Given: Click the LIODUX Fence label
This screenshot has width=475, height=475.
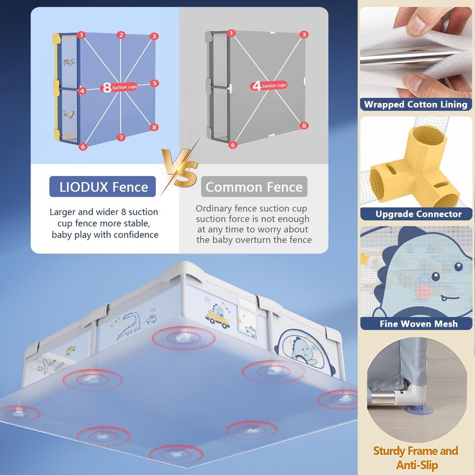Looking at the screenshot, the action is (102, 187).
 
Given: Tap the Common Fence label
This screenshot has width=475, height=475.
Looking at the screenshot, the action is (254, 187).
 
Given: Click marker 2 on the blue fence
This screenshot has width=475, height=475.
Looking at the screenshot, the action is (121, 35).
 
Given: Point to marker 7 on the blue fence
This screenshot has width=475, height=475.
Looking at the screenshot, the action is (121, 138).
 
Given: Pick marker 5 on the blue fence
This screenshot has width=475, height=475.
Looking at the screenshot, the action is (155, 83).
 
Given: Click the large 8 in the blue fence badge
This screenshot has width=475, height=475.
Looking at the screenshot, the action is (107, 88).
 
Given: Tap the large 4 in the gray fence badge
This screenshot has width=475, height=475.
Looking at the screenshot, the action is (256, 86).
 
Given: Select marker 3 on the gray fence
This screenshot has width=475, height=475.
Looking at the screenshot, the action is (304, 34).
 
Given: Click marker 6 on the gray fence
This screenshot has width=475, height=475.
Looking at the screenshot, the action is (233, 145).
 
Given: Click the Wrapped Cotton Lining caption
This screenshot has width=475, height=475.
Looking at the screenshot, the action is (416, 104).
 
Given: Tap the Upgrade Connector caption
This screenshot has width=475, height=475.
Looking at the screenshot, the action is (419, 214).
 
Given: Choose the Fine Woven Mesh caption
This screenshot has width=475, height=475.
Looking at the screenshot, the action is (419, 324).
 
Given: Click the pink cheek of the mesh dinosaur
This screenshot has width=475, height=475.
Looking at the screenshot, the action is (424, 292).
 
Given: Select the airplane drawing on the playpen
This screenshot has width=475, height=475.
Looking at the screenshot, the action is (46, 366).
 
